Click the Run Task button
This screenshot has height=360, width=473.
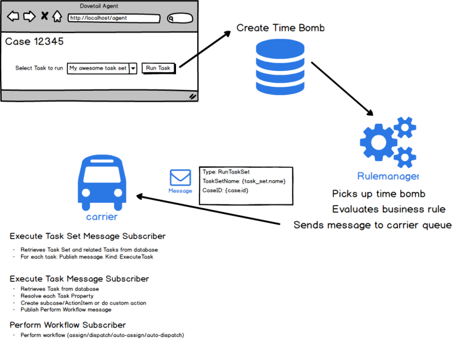(158, 68)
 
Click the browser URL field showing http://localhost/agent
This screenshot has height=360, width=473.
(113, 18)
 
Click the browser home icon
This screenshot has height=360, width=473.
(57, 16)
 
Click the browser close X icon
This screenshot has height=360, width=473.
(44, 17)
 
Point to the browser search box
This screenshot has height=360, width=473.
(180, 18)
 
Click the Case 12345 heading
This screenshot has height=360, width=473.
(35, 42)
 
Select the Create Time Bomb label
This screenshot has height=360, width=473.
(280, 28)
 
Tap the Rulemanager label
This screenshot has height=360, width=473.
(388, 176)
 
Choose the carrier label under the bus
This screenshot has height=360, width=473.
(102, 216)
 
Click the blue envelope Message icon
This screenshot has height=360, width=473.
(180, 178)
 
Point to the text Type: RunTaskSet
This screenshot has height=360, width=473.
(226, 172)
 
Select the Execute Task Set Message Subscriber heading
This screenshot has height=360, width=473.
(87, 236)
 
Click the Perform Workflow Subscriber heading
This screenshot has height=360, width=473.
(67, 325)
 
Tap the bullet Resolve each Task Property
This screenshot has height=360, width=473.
(58, 296)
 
